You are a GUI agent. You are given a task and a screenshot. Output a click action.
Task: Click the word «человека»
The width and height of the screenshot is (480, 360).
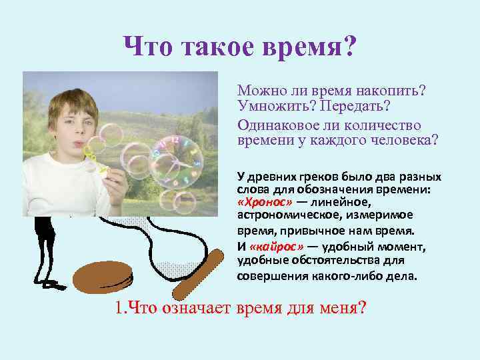point(401,140)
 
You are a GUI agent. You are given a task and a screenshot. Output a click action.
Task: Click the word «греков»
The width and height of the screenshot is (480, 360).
point(316,177)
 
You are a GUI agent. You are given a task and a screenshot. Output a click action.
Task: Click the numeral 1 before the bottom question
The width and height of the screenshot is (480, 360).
point(117,309)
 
